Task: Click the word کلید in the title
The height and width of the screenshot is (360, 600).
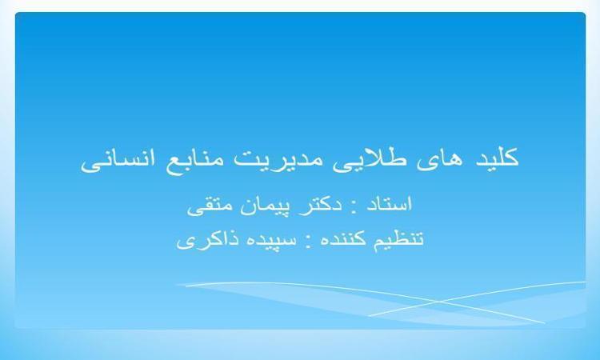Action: (x=497, y=158)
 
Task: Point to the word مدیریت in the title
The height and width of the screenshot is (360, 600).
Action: (x=278, y=159)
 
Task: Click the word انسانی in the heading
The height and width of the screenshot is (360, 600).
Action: (x=118, y=160)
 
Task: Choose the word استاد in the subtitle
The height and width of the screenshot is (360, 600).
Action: (x=389, y=204)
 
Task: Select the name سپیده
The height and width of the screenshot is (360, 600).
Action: (x=269, y=240)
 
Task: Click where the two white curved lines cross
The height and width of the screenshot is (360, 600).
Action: (x=437, y=301)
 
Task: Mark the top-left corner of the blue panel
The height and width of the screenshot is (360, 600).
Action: (x=15, y=13)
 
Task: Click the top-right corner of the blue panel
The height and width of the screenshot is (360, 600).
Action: (x=586, y=13)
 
